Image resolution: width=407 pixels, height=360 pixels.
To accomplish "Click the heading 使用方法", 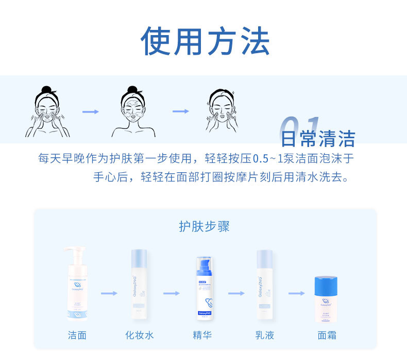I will (x=206, y=42).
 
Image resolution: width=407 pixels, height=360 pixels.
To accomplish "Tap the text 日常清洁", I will (x=318, y=139).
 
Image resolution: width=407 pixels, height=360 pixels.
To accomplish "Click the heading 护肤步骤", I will (x=204, y=226).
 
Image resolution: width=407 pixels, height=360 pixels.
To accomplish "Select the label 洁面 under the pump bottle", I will (x=77, y=335).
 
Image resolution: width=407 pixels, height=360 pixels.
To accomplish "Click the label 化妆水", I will (x=140, y=335).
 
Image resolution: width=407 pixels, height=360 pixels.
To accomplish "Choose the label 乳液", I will (x=265, y=335).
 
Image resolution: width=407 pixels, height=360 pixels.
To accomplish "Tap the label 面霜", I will (x=327, y=335).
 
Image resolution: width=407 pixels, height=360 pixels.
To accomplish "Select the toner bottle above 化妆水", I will (x=140, y=286).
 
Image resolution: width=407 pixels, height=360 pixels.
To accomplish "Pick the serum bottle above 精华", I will (x=202, y=289).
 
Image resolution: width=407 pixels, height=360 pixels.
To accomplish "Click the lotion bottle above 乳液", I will (x=265, y=286).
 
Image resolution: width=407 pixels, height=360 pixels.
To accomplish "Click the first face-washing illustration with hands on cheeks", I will (x=47, y=112).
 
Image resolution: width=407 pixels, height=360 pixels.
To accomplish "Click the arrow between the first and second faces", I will (x=90, y=111).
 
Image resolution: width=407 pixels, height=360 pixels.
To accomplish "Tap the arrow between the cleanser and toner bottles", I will (x=109, y=293).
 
